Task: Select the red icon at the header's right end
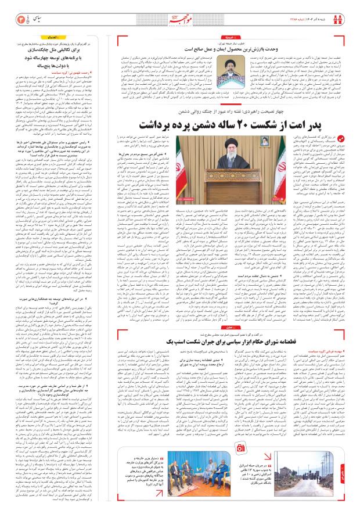[x=341, y=19]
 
